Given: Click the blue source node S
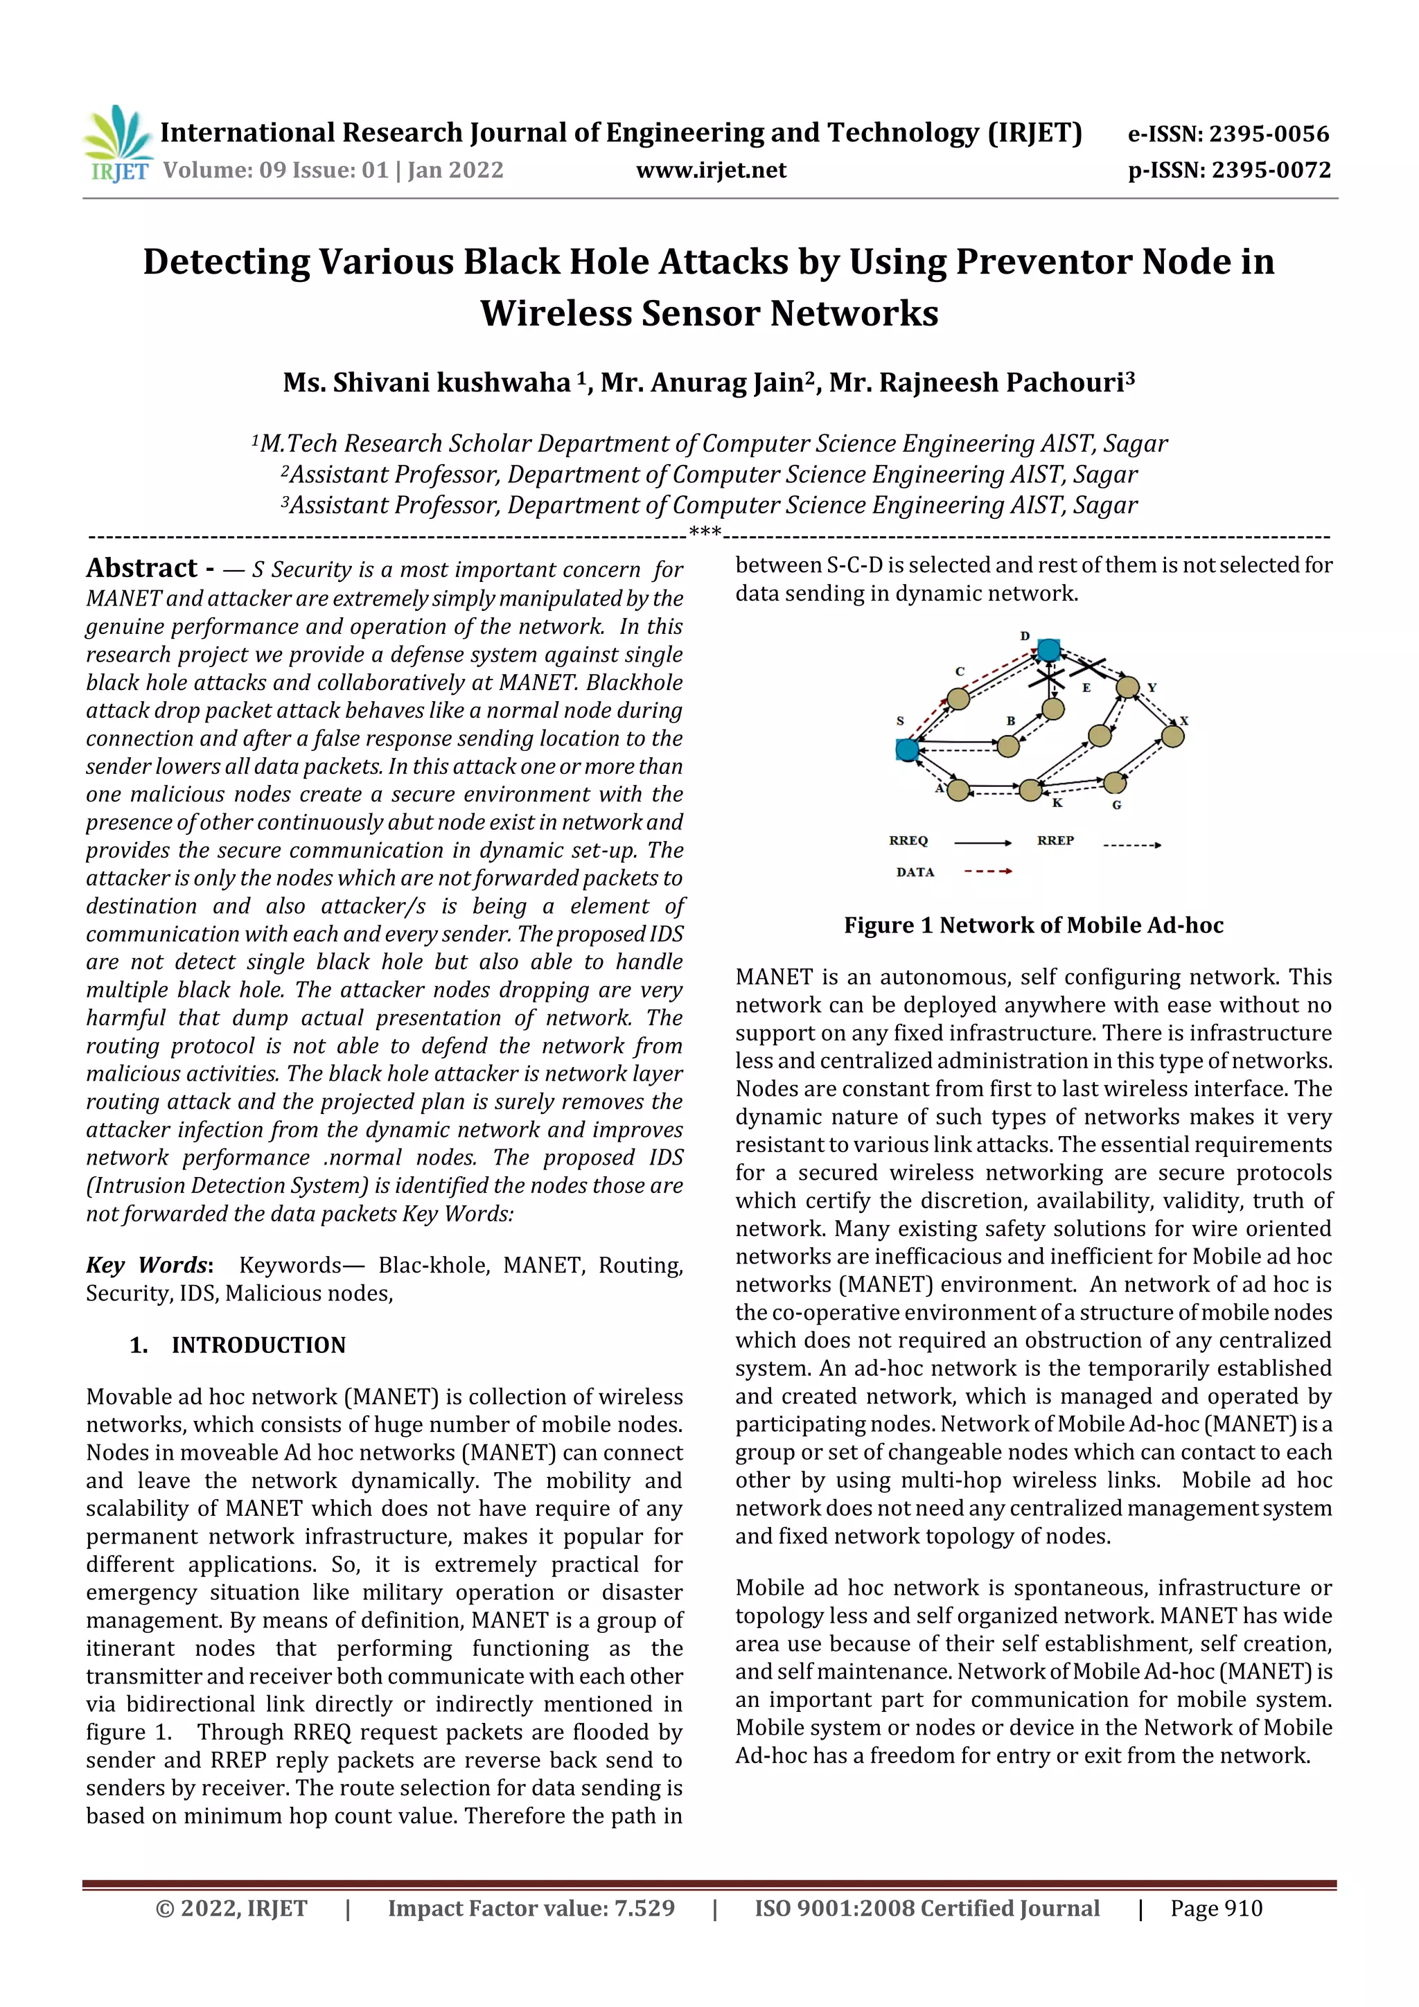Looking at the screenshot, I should pos(907,749).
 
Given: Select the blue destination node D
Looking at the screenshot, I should pos(1048,649).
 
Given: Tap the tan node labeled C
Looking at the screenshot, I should pos(958,698).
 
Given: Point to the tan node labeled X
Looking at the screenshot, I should pos(1172,736).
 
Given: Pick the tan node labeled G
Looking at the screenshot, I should pos(1114,781).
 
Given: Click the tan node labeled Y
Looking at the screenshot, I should pos(1128,687).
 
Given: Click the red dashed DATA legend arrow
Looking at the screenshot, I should pos(987,872).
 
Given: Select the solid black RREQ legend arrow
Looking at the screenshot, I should pos(982,842).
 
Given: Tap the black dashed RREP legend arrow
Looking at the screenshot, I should pos(1131,845).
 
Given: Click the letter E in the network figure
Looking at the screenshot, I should pos(1086,688).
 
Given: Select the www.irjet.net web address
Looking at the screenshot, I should pos(711,170).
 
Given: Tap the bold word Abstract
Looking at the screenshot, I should pos(141,568).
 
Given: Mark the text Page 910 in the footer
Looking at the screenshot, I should pos(1215,1908).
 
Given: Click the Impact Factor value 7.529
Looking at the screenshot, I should pos(644,1908).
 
